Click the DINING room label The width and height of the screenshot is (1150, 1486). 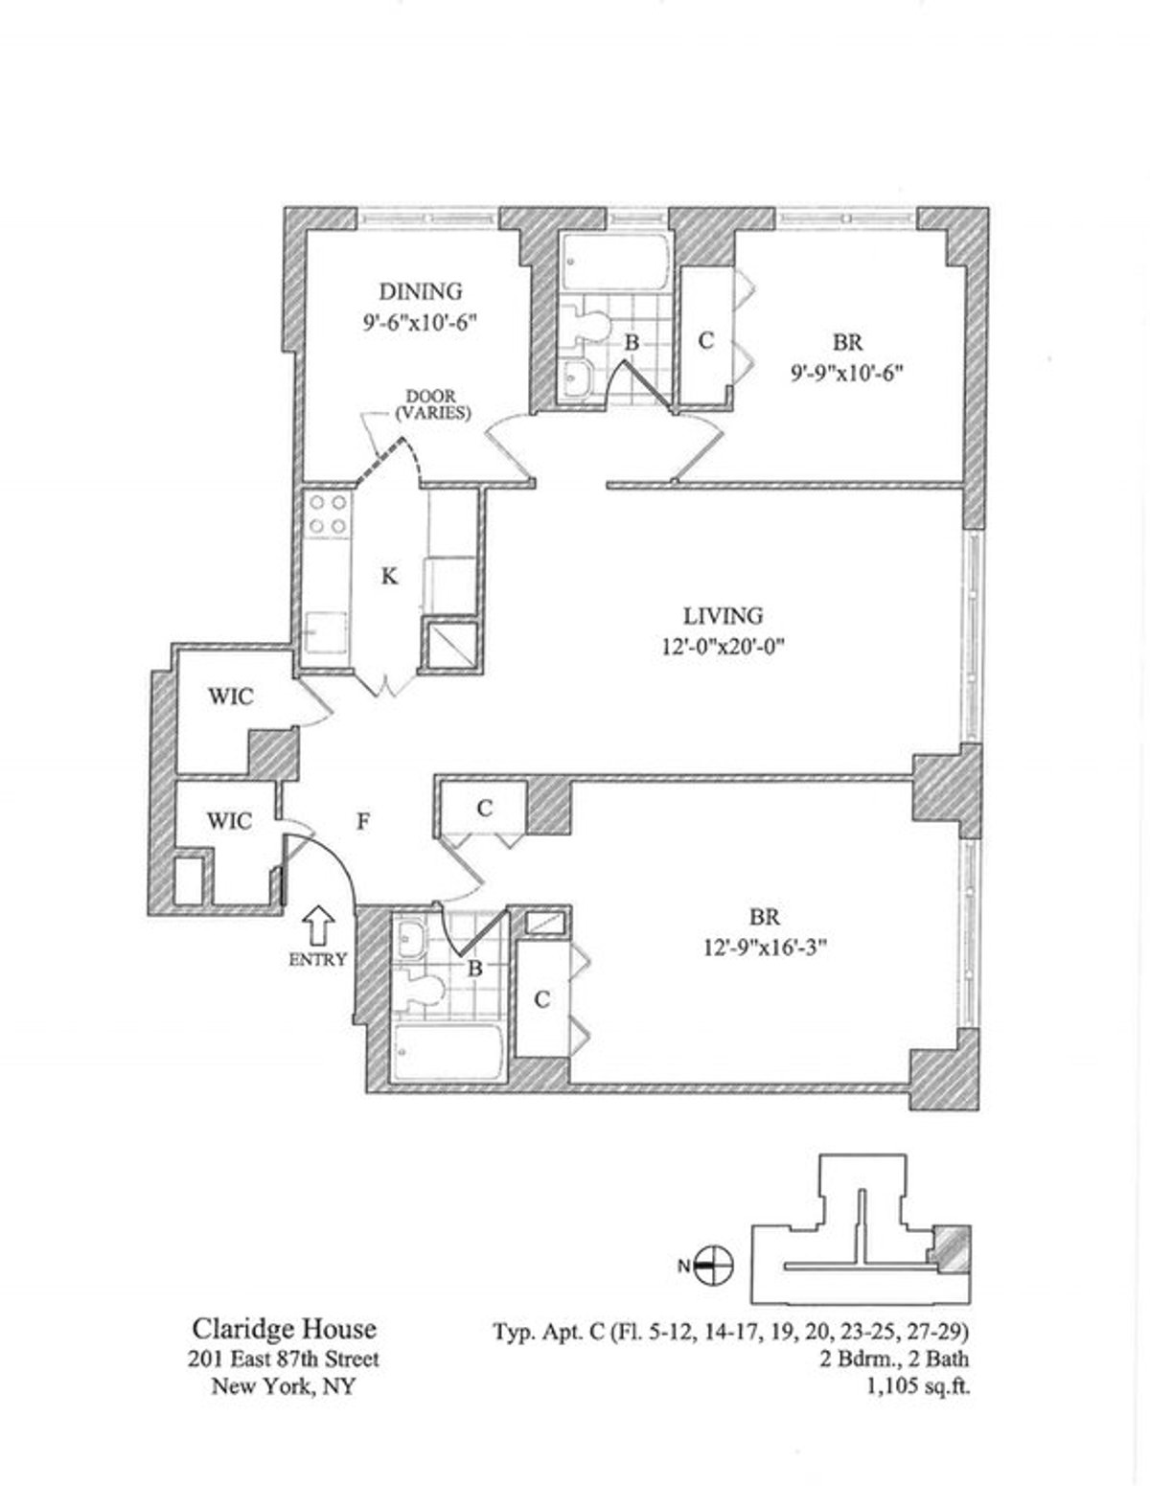pyautogui.click(x=421, y=291)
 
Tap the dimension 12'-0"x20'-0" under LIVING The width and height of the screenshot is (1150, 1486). pyautogui.click(x=722, y=647)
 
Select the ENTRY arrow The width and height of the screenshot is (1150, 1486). pyautogui.click(x=318, y=925)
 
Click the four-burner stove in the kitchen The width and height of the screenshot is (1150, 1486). pyautogui.click(x=327, y=514)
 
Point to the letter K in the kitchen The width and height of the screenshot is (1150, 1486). pyautogui.click(x=389, y=577)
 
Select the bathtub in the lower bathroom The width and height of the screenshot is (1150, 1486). pyautogui.click(x=448, y=1052)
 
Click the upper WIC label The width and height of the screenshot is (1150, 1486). pyautogui.click(x=230, y=697)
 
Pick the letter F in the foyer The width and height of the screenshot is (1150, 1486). pyautogui.click(x=364, y=821)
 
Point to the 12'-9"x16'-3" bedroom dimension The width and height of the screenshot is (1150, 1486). pyautogui.click(x=765, y=948)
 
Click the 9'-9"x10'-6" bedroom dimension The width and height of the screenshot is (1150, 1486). pyautogui.click(x=847, y=374)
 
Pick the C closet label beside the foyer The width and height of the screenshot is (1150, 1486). pyautogui.click(x=485, y=809)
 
